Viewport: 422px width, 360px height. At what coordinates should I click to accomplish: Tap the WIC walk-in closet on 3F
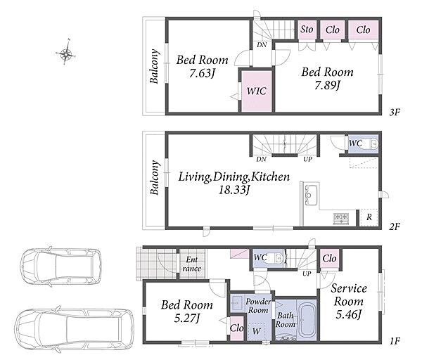tap(257, 91)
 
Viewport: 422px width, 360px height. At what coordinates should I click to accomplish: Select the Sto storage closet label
tap(307, 29)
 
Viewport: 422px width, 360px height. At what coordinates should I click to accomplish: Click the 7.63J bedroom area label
tap(202, 73)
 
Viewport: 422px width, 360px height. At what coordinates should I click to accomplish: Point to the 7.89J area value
tap(328, 85)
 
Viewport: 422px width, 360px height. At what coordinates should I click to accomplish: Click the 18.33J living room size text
tap(234, 190)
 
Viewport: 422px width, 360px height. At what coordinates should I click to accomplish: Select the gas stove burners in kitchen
tap(341, 219)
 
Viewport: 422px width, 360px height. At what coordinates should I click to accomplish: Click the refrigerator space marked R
tap(369, 217)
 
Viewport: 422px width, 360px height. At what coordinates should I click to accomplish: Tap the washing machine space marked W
tap(257, 331)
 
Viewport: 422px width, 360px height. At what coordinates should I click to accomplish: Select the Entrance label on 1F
tap(191, 264)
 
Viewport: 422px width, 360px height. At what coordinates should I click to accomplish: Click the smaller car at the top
tap(60, 266)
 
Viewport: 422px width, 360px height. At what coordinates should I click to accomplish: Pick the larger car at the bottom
tap(74, 329)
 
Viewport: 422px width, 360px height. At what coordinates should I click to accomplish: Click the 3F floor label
tap(395, 112)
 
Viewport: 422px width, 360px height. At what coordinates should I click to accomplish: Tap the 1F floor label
tap(395, 341)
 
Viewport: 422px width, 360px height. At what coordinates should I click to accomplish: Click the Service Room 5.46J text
tap(349, 301)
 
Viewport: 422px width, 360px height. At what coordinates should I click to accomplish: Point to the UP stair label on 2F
tap(307, 159)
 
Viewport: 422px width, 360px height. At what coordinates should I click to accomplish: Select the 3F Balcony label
tap(154, 66)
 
